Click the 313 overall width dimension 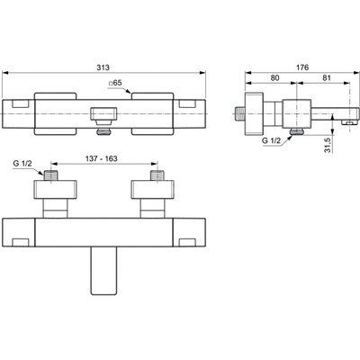[103, 67]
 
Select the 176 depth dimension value [302, 67]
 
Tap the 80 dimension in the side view [274, 78]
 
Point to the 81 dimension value [327, 78]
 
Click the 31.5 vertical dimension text [328, 145]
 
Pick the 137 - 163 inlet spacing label [103, 158]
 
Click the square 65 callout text [115, 83]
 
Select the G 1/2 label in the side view [271, 140]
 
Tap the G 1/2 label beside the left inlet [22, 164]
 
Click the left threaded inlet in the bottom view [50, 175]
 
